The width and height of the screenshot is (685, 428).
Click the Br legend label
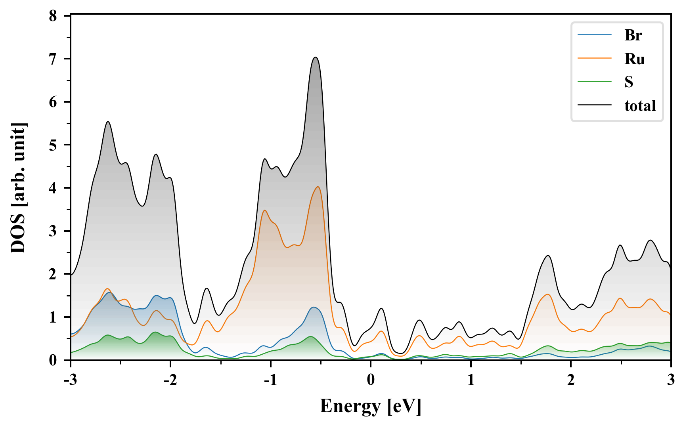click(633, 35)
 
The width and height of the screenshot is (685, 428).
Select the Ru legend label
click(634, 59)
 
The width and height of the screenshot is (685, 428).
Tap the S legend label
click(629, 82)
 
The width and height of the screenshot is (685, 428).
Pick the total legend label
click(640, 106)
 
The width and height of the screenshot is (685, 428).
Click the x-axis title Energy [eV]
click(370, 406)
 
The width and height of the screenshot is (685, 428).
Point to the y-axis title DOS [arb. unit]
click(18, 188)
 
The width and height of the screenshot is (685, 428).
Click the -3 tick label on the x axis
click(70, 380)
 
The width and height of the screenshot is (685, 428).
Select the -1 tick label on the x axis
click(270, 380)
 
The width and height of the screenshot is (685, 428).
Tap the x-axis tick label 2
click(571, 380)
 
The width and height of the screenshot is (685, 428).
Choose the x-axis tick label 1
click(471, 380)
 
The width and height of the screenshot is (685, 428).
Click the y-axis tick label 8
click(53, 16)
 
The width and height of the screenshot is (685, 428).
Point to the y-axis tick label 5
click(53, 145)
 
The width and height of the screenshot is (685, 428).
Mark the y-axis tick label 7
click(53, 59)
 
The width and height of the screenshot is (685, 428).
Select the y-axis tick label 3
click(53, 231)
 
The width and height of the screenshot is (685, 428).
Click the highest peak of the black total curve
click(316, 57)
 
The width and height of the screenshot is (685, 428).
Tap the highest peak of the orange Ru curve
click(318, 187)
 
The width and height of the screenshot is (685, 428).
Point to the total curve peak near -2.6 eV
click(108, 121)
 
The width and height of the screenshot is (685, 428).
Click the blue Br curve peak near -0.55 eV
click(314, 307)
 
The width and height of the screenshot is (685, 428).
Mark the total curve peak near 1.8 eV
click(548, 255)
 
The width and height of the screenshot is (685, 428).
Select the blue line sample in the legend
click(594, 35)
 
